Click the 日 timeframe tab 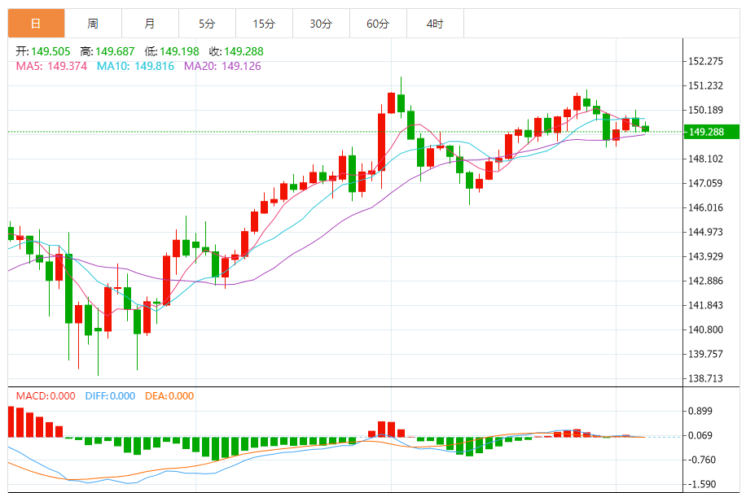[36, 24]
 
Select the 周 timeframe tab [93, 24]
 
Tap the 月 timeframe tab [150, 24]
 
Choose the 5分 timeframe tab [207, 24]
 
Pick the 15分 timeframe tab [264, 24]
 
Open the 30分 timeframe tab [321, 24]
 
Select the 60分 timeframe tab [378, 24]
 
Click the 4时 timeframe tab [435, 24]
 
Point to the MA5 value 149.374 [68, 66]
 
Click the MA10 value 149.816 [147, 66]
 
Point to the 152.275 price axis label [706, 61]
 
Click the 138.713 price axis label [706, 378]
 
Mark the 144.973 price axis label [706, 232]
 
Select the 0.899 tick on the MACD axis [701, 412]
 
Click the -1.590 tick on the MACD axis [701, 484]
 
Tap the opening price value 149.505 [50, 51]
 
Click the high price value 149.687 [113, 51]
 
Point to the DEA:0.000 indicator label [169, 396]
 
